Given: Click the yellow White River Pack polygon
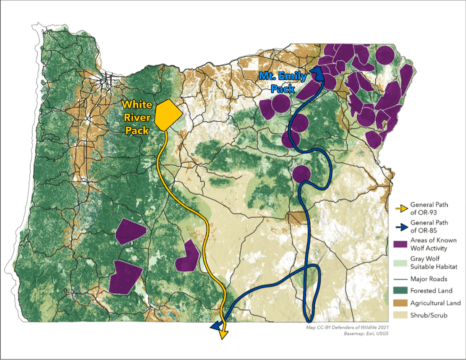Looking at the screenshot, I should (168, 114).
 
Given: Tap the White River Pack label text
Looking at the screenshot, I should (137, 117).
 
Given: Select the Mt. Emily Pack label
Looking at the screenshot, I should (283, 82).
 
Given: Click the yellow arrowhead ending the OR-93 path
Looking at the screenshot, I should (223, 333).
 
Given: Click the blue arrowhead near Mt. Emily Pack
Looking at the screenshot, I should (319, 73).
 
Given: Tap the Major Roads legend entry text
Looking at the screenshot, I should (429, 279).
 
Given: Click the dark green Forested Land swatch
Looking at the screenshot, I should (401, 291).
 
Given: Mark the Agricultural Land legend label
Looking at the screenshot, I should (435, 303).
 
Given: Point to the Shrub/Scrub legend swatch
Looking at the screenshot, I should (401, 315).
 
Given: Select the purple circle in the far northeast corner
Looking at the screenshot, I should (385, 55).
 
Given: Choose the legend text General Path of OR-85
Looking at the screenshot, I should (429, 226).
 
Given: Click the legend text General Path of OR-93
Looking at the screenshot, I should (429, 208).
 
